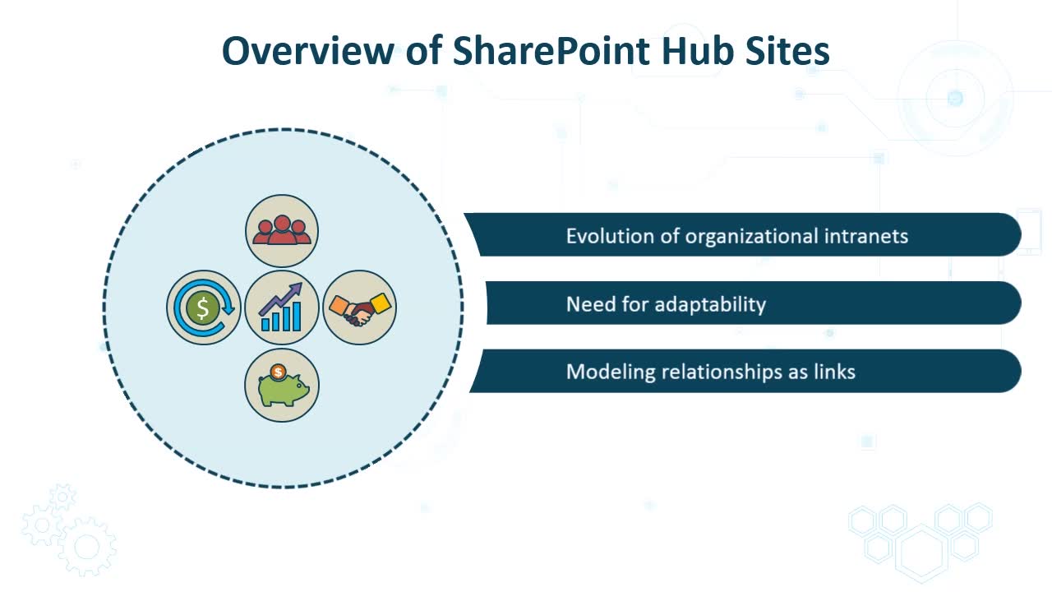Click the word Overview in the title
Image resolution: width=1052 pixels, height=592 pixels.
point(308,50)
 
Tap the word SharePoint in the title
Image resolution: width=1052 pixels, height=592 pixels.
point(551,50)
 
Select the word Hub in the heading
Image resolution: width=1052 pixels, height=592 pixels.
point(698,50)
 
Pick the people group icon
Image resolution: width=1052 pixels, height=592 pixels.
point(282,231)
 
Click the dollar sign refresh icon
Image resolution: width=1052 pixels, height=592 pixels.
point(203,308)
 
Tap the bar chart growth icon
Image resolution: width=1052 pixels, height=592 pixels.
point(282,308)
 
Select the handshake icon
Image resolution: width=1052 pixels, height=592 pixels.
point(360,308)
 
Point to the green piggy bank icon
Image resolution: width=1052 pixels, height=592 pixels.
point(282,386)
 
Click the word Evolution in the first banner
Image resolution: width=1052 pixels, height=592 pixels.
point(610,236)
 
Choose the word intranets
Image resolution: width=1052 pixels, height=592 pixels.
point(866,236)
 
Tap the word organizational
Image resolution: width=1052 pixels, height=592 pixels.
point(751,237)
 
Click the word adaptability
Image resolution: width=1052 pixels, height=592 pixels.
point(710,305)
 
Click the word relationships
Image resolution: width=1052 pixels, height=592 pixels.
point(722,372)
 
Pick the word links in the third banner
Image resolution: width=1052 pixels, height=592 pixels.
point(834,372)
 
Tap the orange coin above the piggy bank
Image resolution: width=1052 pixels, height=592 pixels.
point(278,372)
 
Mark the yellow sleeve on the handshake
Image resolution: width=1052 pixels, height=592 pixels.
point(381,303)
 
